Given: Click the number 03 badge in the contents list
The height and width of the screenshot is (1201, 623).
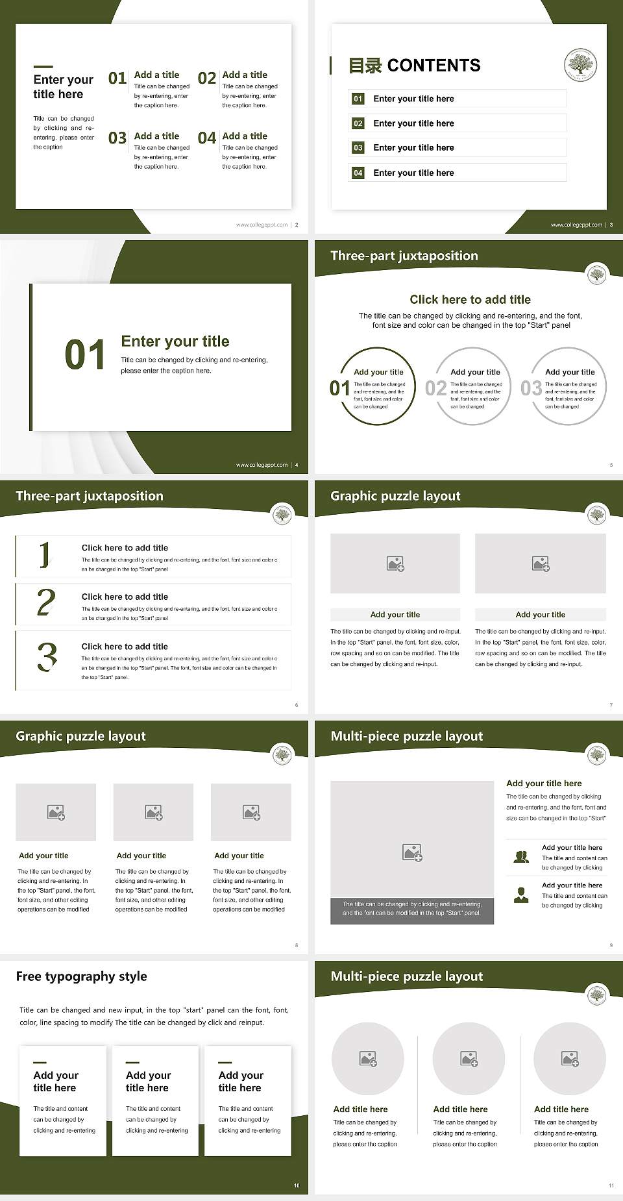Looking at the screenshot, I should (x=358, y=148).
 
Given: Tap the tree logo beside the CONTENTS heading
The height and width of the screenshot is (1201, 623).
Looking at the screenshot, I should (x=580, y=65).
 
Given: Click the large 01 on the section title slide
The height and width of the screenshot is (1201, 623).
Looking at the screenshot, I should (x=85, y=355).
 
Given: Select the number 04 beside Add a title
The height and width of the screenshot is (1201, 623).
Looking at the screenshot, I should (x=207, y=138).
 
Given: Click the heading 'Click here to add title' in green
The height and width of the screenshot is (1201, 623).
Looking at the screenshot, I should (x=470, y=299).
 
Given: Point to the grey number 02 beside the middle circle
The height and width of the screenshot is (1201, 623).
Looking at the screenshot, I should (x=435, y=388).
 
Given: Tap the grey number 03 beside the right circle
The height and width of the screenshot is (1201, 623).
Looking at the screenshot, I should (x=531, y=388).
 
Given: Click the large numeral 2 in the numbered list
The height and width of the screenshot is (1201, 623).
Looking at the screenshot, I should (x=46, y=602).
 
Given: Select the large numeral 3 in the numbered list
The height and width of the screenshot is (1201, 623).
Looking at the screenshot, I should (x=47, y=656).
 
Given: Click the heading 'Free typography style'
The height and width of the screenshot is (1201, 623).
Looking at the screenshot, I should (x=81, y=976).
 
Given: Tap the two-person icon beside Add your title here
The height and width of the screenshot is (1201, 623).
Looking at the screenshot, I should (x=521, y=857).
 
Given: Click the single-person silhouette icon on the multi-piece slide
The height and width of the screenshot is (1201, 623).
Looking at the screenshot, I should (x=521, y=895).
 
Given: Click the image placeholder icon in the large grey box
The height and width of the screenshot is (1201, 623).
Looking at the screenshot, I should (x=412, y=852).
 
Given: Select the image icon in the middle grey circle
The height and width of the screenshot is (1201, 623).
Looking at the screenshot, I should (x=469, y=1059).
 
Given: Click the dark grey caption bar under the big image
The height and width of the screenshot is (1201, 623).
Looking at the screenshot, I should (x=412, y=908).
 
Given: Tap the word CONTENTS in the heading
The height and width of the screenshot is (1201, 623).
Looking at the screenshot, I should (x=434, y=66).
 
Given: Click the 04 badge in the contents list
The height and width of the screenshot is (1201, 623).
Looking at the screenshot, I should (x=358, y=173).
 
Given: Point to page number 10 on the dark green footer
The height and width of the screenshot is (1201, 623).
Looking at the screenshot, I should (x=297, y=1185).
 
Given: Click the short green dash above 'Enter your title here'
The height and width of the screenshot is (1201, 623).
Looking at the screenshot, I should (x=43, y=66).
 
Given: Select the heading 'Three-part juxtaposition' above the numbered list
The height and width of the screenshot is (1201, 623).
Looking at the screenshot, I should (x=90, y=496).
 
